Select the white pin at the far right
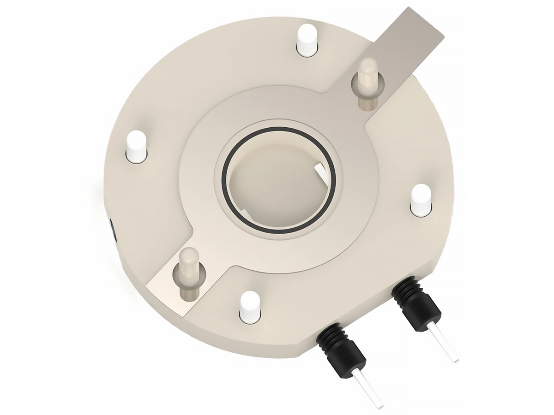[x=421, y=199]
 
